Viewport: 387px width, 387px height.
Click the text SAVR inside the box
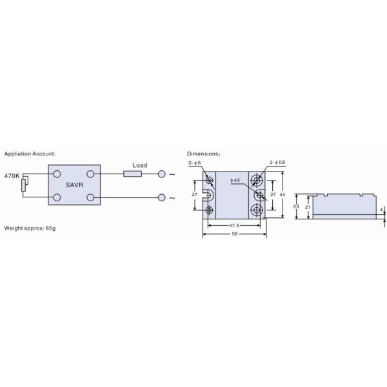(x=74, y=184)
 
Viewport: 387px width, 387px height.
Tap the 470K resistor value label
(x=13, y=175)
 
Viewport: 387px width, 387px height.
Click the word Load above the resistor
(x=140, y=165)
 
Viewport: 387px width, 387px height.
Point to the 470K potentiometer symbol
(x=24, y=186)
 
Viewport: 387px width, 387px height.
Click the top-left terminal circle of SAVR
(x=57, y=174)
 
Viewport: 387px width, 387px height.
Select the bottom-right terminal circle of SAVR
(x=91, y=197)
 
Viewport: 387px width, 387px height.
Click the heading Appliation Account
(x=30, y=154)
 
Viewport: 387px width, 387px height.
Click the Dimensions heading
(x=203, y=154)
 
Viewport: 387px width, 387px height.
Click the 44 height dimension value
(x=283, y=194)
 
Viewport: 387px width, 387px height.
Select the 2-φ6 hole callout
(x=195, y=164)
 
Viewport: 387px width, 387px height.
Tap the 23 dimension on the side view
(x=295, y=206)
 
